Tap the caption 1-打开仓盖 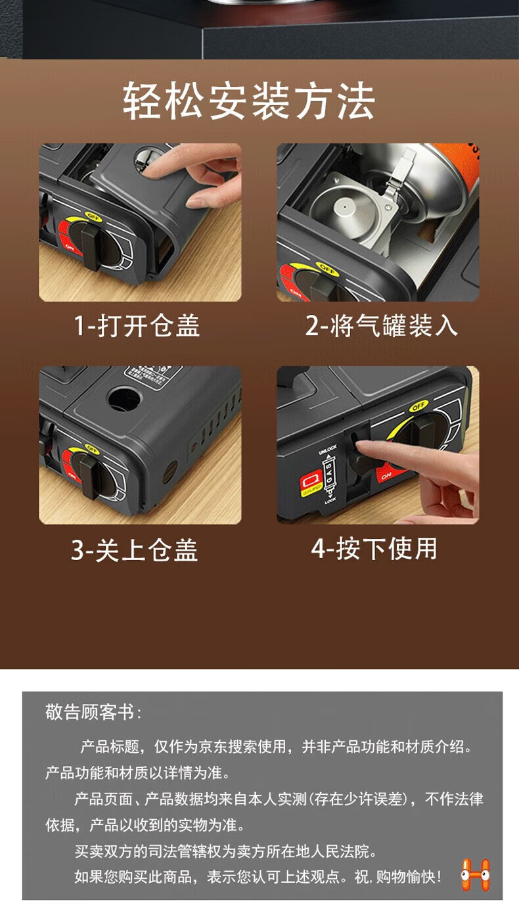pyautogui.click(x=136, y=325)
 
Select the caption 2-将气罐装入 pyautogui.click(x=381, y=325)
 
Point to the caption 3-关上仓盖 pyautogui.click(x=135, y=550)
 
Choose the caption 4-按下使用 pyautogui.click(x=374, y=548)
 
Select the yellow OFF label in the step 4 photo pyautogui.click(x=418, y=407)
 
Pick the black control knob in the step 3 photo pyautogui.click(x=85, y=469)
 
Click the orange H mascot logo pyautogui.click(x=475, y=875)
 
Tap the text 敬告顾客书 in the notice pyautogui.click(x=92, y=712)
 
